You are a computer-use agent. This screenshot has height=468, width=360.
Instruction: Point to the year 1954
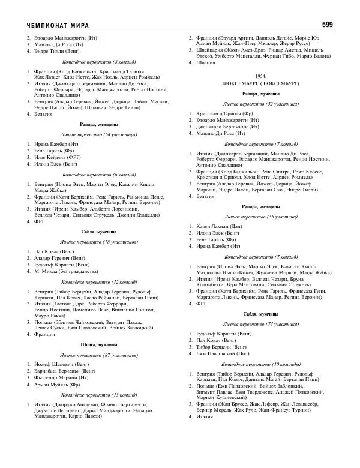point(260,77)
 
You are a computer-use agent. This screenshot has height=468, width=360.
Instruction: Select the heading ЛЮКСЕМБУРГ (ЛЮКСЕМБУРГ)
point(260,85)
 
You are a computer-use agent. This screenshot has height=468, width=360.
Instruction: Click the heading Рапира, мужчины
point(260,94)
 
